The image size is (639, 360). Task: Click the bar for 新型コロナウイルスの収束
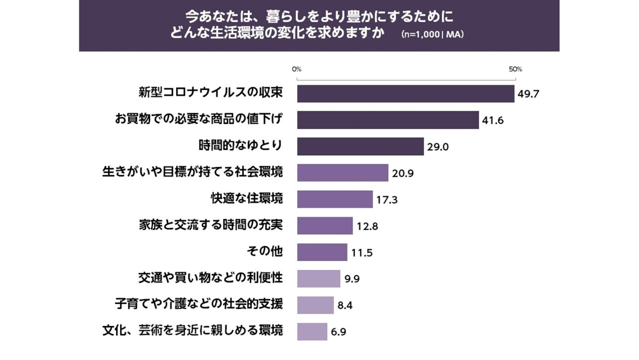[406, 93]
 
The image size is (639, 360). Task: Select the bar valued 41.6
[388, 120]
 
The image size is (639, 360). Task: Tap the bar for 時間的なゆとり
[361, 147]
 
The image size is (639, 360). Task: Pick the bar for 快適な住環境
[335, 199]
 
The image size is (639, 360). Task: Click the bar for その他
[322, 252]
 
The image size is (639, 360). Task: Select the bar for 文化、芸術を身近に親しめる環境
[312, 331]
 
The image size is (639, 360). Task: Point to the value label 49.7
[528, 94]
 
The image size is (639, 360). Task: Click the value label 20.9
[403, 173]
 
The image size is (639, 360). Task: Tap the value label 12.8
[368, 226]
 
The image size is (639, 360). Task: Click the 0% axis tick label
[297, 69]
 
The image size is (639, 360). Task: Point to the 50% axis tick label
[515, 69]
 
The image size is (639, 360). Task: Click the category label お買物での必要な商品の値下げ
[198, 119]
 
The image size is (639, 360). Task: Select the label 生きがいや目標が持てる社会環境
[193, 172]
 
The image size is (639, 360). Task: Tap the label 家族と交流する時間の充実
[210, 225]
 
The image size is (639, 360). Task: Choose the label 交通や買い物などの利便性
[210, 278]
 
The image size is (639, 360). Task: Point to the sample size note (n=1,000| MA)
[433, 35]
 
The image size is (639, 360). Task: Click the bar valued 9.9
[319, 279]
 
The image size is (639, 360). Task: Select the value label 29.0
[438, 147]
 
